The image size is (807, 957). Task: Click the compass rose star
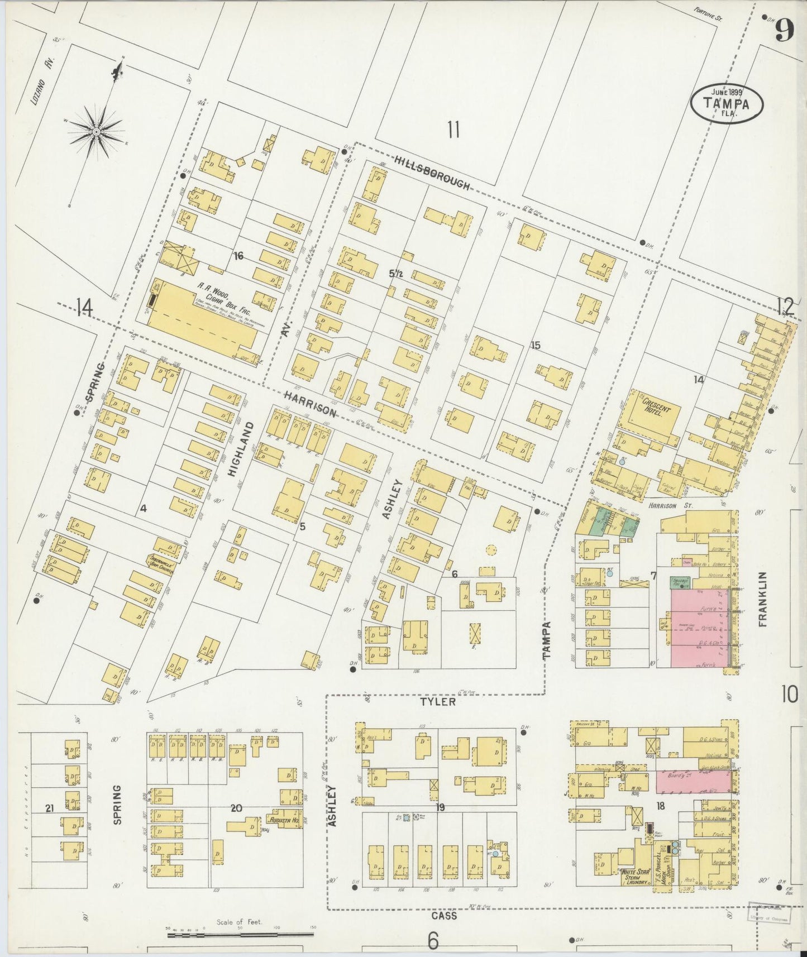click(x=96, y=132)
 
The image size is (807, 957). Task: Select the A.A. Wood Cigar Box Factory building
click(x=204, y=318)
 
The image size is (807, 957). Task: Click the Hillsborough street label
click(x=432, y=172)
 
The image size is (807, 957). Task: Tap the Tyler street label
click(x=438, y=702)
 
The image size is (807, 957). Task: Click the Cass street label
click(x=444, y=916)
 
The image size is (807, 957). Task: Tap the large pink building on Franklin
click(x=701, y=628)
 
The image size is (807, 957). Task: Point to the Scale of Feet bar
click(x=240, y=932)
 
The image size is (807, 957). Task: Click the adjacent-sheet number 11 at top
click(x=453, y=130)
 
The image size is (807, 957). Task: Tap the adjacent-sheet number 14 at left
click(x=84, y=306)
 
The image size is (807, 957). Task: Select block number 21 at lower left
click(x=50, y=808)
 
